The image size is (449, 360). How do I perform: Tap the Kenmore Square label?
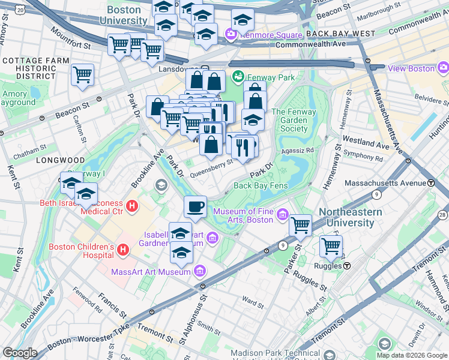[x=268, y=35]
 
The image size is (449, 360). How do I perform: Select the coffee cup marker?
[x=195, y=207]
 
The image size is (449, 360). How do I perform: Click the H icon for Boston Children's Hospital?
[x=123, y=248]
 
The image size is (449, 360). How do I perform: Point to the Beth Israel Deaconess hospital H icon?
[x=132, y=206]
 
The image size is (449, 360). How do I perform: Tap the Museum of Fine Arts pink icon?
[x=282, y=215]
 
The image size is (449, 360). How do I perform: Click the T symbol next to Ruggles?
[x=347, y=265]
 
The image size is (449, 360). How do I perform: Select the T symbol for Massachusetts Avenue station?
[x=431, y=182]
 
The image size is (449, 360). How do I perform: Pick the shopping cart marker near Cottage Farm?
[x=82, y=76]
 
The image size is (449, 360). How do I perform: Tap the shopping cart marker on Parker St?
[x=300, y=226]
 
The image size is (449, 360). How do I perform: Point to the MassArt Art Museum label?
[x=152, y=272]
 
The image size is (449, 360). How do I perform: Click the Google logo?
[x=20, y=353]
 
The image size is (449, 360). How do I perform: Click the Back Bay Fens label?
[x=261, y=185]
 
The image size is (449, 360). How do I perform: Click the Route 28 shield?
[x=443, y=215]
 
